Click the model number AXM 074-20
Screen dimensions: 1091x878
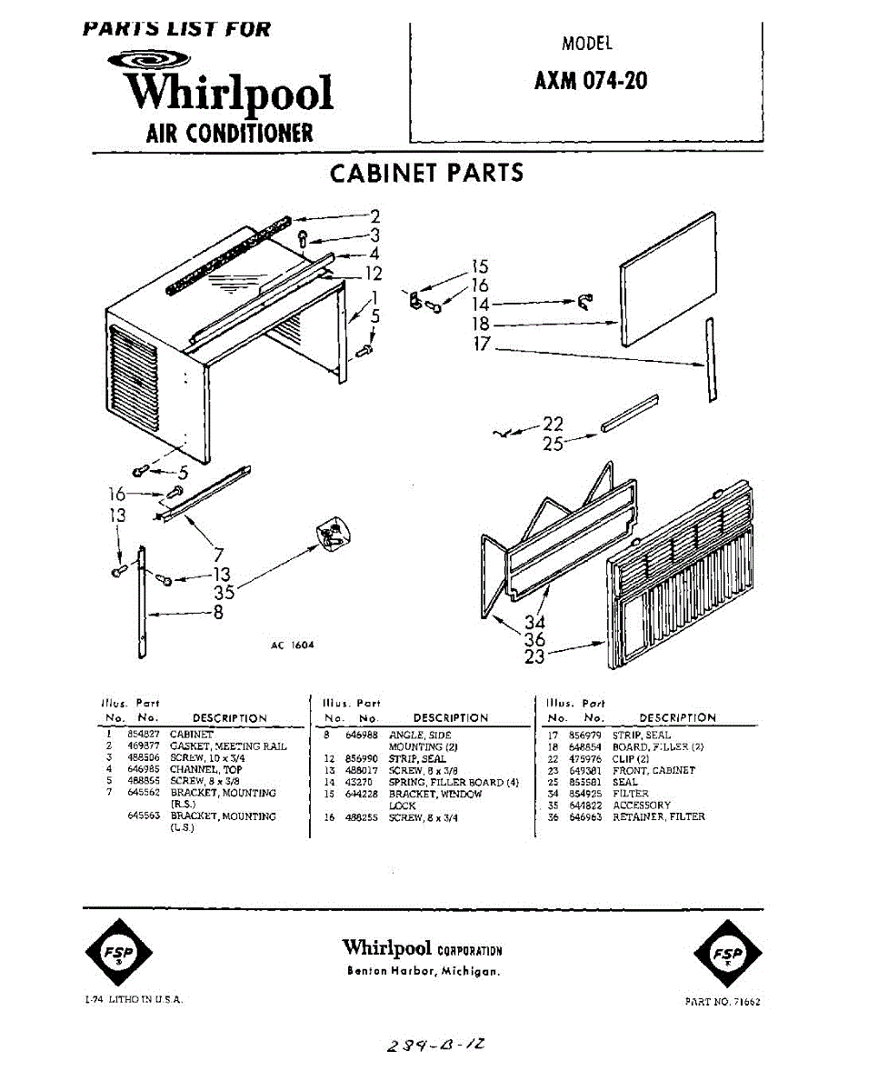[x=591, y=81]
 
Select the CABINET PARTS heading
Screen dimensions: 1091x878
[x=426, y=173]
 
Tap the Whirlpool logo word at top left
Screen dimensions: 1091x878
[x=230, y=93]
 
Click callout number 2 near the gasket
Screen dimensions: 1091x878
[x=374, y=217]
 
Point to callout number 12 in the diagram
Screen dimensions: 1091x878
[x=374, y=274]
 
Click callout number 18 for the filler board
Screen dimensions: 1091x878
[x=481, y=325]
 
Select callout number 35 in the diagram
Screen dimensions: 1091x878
[x=224, y=593]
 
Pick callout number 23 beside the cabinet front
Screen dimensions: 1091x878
[x=534, y=655]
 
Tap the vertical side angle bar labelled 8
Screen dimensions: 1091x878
[x=142, y=602]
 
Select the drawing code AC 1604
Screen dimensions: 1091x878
[x=292, y=646]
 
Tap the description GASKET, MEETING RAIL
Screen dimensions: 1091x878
[x=228, y=746]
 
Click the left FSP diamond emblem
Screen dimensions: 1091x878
[x=119, y=953]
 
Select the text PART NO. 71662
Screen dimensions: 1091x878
[x=723, y=1002]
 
